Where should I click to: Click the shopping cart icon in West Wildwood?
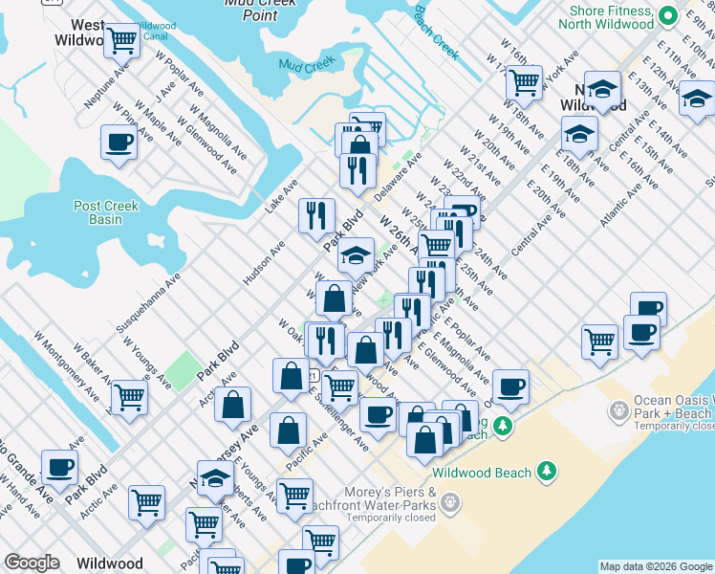tap(120, 40)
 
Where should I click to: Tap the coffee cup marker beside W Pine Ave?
tap(119, 143)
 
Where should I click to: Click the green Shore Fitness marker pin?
tap(695, 14)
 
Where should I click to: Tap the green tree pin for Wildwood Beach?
tap(546, 471)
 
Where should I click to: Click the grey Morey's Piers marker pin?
tap(451, 501)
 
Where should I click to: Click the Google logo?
tap(32, 563)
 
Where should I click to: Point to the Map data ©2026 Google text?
tap(655, 566)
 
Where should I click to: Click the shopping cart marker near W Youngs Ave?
tap(129, 396)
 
